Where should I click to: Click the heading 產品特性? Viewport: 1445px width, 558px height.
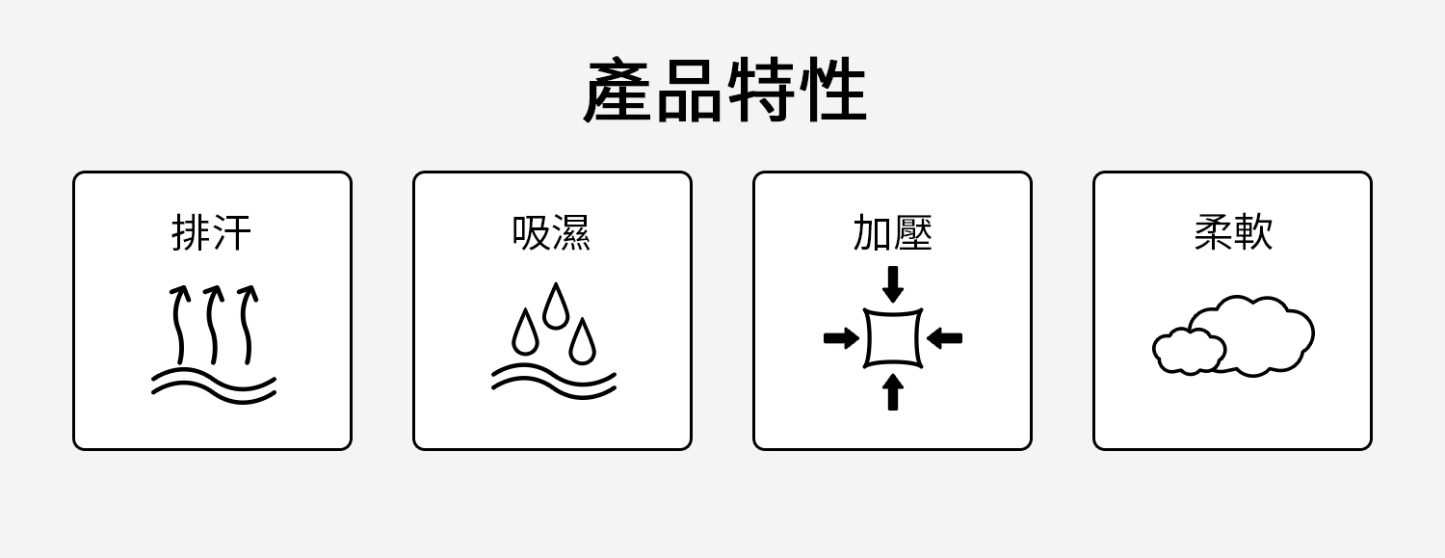[724, 92]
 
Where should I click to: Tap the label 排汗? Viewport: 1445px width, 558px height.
[212, 233]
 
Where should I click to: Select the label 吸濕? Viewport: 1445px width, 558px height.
[552, 233]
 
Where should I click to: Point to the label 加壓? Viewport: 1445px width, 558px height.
[892, 233]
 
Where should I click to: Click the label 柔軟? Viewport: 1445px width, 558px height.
[1233, 233]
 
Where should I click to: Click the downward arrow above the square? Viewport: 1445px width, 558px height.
[893, 283]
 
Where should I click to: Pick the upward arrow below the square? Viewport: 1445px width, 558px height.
[893, 391]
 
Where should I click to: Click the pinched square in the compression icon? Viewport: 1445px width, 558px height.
[893, 338]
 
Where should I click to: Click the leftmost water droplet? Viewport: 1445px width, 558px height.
[525, 333]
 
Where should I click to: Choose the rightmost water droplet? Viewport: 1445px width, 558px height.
[582, 342]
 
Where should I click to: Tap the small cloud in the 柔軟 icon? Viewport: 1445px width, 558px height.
[1187, 352]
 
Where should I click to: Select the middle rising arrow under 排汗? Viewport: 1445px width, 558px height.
[213, 324]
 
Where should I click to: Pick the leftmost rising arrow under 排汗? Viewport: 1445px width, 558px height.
[179, 324]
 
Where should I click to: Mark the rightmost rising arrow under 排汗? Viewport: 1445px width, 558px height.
[247, 324]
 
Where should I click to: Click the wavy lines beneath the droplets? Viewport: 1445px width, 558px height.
[554, 381]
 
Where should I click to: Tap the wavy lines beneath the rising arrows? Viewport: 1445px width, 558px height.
[214, 385]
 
